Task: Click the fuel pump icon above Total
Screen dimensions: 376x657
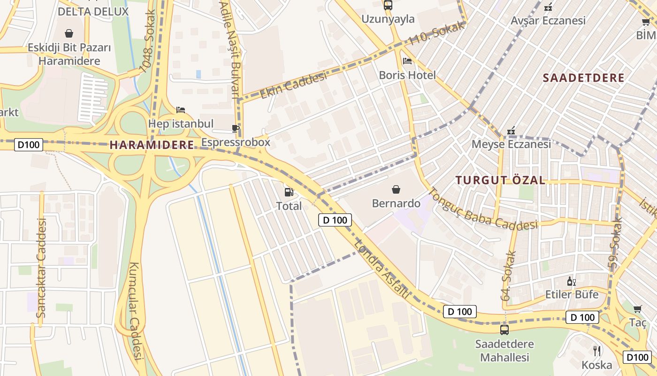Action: (x=289, y=192)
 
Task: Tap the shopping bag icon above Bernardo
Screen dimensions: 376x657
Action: (x=396, y=189)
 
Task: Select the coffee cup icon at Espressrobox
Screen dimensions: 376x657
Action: (x=236, y=128)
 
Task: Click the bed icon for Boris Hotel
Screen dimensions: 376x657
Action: (x=407, y=61)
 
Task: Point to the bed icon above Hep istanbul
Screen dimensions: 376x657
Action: (x=181, y=110)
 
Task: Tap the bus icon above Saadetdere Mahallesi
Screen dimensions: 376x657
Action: (x=504, y=329)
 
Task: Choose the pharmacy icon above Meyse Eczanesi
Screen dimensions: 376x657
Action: (x=511, y=130)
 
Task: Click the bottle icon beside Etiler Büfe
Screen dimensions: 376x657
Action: (x=571, y=281)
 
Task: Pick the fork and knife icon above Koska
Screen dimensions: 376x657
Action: (x=596, y=351)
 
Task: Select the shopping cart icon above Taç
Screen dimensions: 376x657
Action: (x=637, y=309)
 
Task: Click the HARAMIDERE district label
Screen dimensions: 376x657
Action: (x=152, y=145)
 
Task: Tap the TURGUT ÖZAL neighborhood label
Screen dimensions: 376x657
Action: (x=500, y=180)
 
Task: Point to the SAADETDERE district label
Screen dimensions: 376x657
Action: (x=583, y=78)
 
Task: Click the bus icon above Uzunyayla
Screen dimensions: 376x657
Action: (x=388, y=5)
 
